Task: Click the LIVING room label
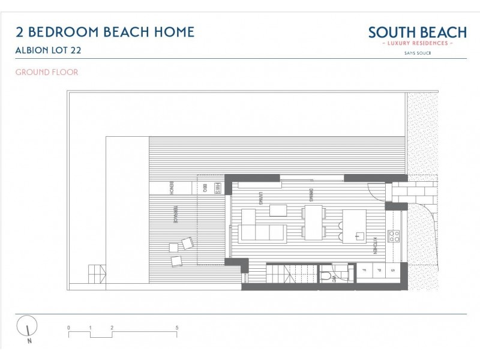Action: pos(262,198)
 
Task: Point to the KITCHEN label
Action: pos(376,247)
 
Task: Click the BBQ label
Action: pos(205,188)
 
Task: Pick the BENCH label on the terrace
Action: pos(172,188)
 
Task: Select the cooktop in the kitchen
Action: pos(395,235)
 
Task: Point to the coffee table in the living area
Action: pos(278,210)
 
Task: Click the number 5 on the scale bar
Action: pos(176,328)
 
